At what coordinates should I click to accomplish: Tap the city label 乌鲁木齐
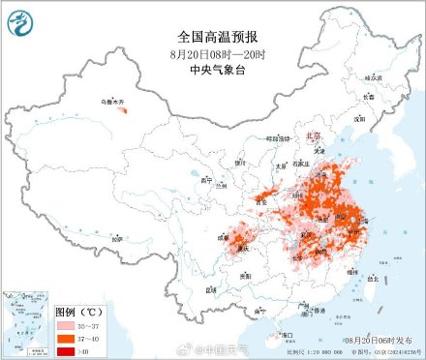[116, 101]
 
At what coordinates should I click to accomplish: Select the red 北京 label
[313, 137]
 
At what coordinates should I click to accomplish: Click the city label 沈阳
[359, 119]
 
